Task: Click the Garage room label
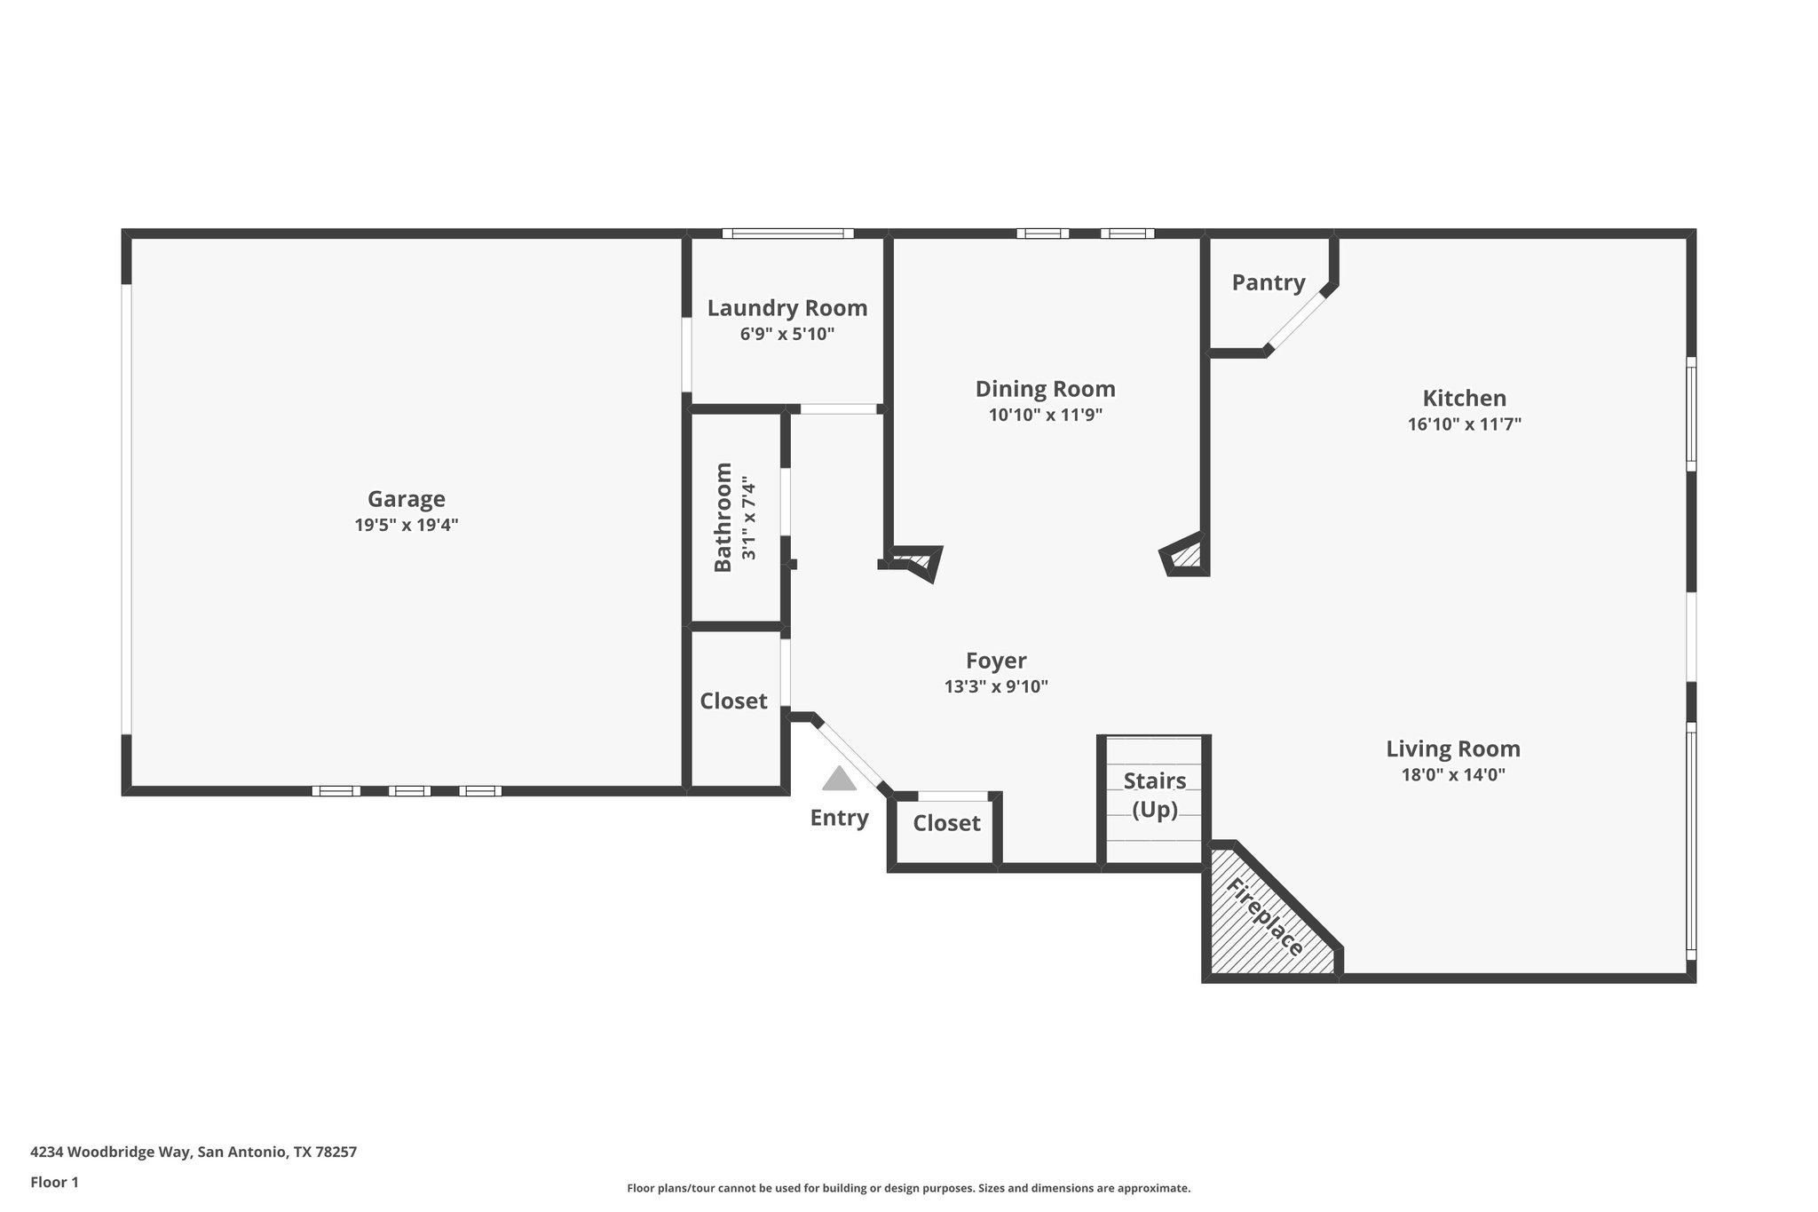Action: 406,499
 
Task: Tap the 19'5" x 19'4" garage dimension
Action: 406,525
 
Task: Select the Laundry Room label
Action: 786,308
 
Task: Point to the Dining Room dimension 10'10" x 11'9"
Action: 1045,415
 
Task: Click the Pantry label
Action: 1268,282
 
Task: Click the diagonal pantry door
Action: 1295,320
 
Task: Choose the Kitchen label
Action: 1464,398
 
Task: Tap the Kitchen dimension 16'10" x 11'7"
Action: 1464,424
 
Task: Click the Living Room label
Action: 1452,749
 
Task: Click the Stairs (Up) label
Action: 1154,795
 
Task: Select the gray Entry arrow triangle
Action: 838,780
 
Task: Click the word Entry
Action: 838,818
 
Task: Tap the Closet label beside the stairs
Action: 946,823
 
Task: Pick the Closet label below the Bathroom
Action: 733,701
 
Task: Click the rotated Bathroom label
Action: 723,517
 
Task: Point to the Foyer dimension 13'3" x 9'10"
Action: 996,686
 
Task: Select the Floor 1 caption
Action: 54,1183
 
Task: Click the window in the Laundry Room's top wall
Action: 786,234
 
